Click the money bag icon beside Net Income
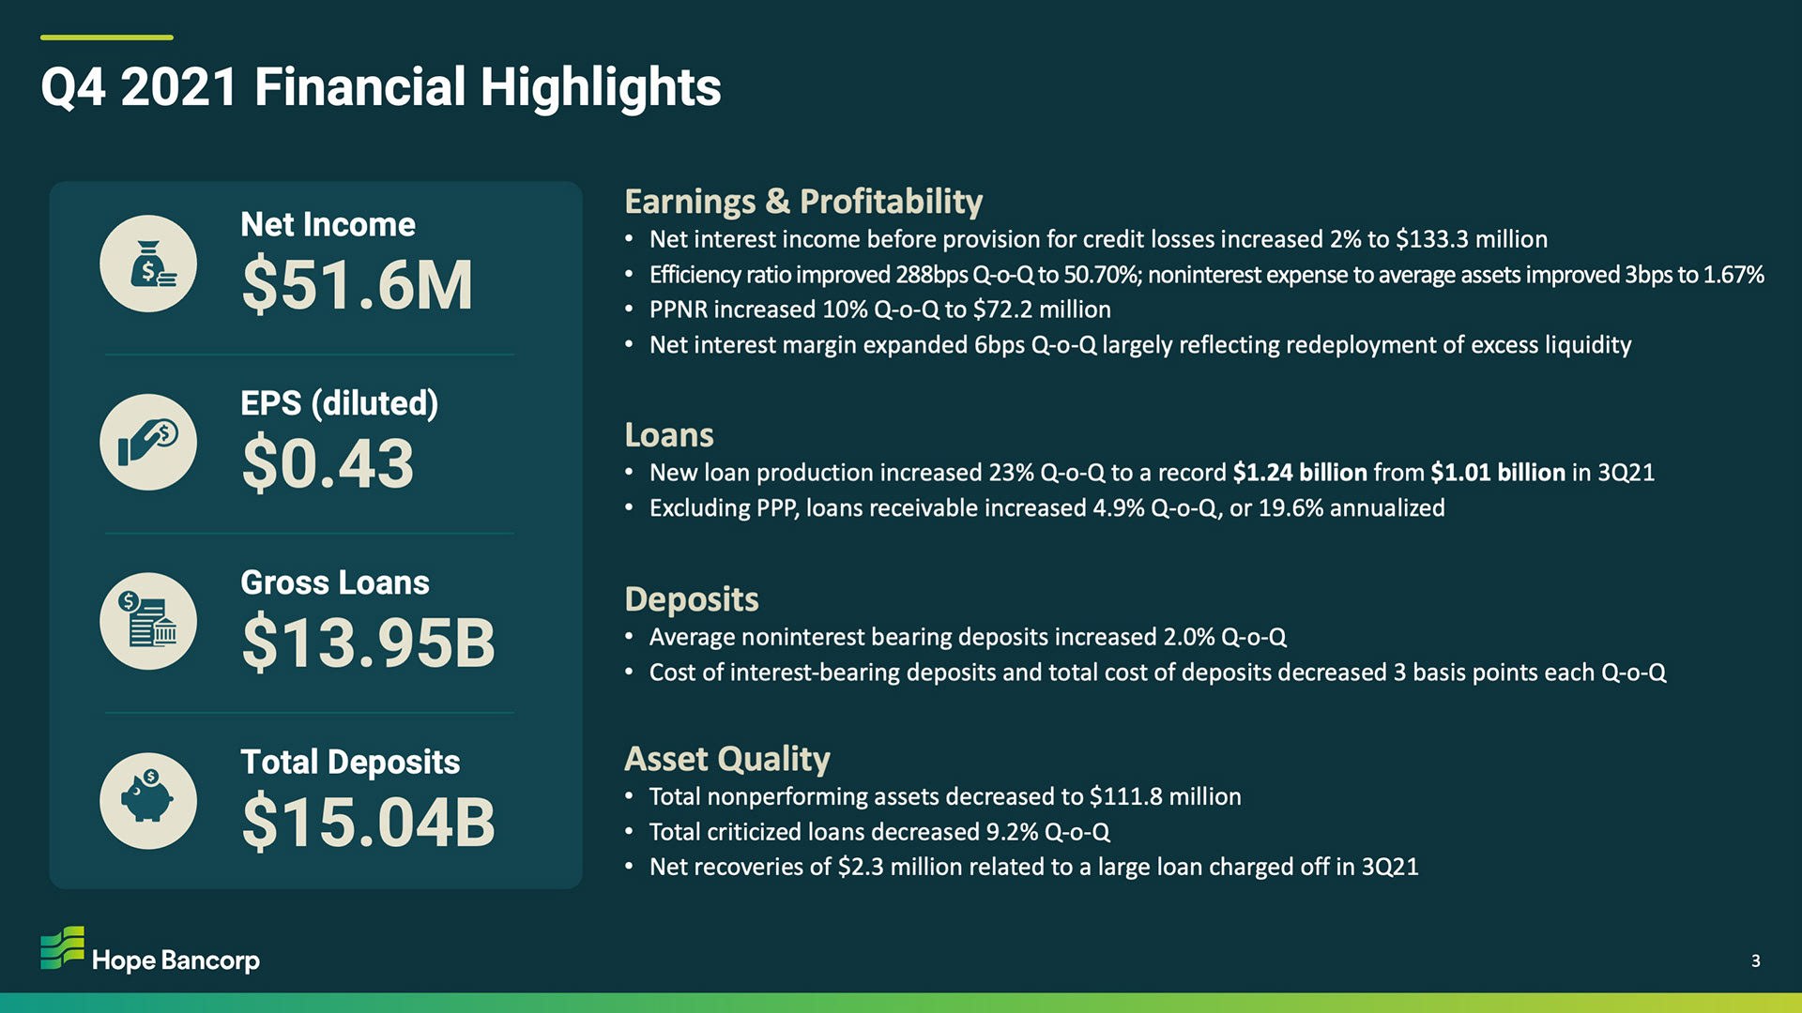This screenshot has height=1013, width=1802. tap(148, 264)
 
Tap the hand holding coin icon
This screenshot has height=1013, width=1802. tap(148, 442)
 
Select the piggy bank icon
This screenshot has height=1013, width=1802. tap(148, 800)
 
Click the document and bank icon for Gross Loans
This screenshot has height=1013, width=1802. tap(148, 621)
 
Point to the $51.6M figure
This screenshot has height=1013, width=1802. tap(357, 285)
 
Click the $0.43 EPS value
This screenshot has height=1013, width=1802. tap(328, 463)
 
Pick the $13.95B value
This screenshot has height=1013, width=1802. tap(368, 643)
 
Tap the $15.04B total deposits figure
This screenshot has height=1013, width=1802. tap(368, 822)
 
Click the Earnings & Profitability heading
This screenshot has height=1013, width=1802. tap(803, 202)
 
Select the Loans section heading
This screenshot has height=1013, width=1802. tap(669, 435)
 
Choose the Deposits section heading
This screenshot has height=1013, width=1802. tap(692, 599)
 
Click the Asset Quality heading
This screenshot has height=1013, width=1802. tap(727, 759)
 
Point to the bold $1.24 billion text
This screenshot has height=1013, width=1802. tap(1300, 473)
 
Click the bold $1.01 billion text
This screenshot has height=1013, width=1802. tap(1498, 473)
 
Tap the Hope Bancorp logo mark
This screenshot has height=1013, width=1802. tap(63, 947)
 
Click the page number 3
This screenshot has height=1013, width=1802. tap(1756, 960)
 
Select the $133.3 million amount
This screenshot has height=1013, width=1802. tap(1472, 239)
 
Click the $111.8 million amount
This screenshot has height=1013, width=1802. tap(1165, 796)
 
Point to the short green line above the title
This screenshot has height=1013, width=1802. tap(107, 38)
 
